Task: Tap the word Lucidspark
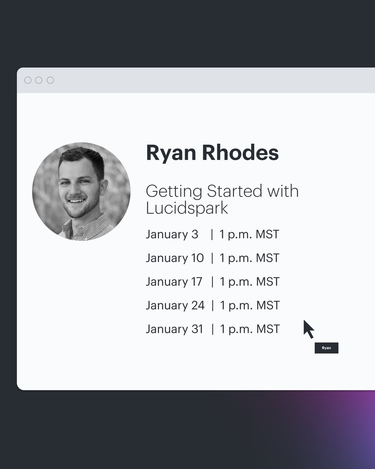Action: [x=187, y=208]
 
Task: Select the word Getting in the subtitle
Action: [x=174, y=192]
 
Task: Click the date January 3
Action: [x=172, y=234]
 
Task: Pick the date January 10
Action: [x=175, y=258]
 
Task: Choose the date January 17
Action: [x=174, y=282]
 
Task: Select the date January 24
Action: [x=175, y=305]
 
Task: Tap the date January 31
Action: [x=174, y=329]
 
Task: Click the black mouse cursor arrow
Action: [x=308, y=328]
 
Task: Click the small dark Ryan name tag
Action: [x=326, y=348]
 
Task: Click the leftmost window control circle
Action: [x=28, y=80]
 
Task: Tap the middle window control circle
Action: [x=39, y=80]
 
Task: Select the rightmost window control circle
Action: [x=50, y=80]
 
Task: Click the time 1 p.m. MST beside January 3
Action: [x=249, y=234]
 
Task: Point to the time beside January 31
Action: [x=250, y=329]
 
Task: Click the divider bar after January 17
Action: [x=212, y=282]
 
